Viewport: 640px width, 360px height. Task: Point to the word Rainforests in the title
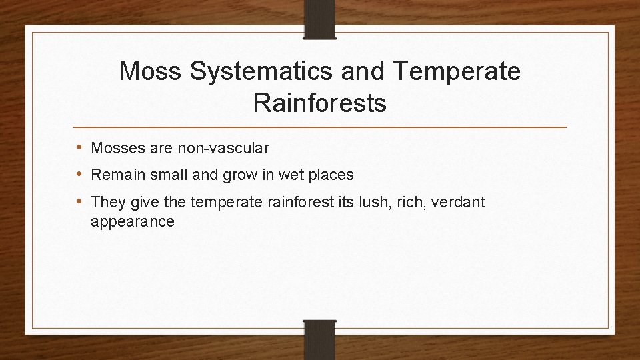(320, 103)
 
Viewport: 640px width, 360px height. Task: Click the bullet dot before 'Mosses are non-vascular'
(79, 147)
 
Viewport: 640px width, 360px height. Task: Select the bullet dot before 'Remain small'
(79, 175)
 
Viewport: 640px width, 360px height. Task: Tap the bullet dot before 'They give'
(79, 201)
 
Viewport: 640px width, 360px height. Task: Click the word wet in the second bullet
(292, 175)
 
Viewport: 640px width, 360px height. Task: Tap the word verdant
(460, 201)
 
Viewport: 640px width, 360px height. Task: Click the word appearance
(133, 222)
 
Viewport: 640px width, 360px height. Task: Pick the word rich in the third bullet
(412, 201)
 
